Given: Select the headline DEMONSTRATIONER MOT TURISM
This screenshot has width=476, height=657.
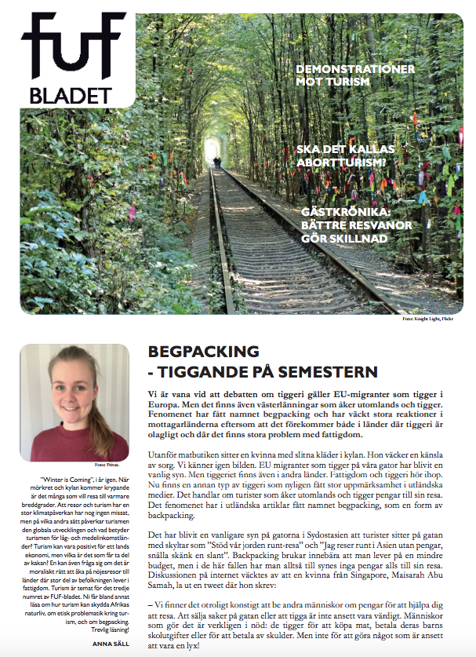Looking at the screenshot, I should [x=354, y=75].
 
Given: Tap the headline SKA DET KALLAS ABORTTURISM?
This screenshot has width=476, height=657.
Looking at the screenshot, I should [x=344, y=155].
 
